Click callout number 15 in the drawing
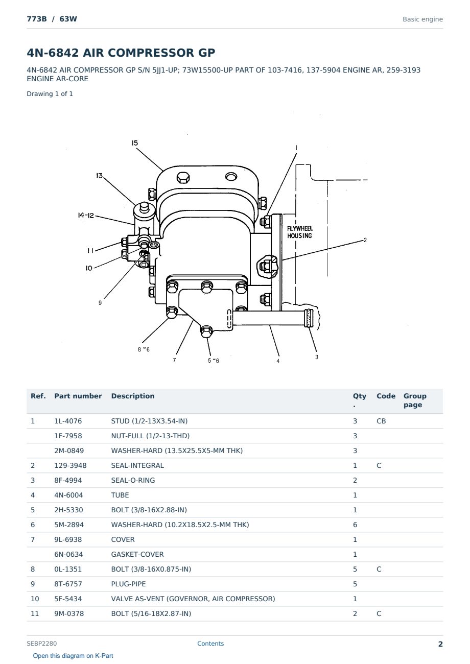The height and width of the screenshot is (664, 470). [x=135, y=143]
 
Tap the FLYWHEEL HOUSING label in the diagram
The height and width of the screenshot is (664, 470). [x=299, y=232]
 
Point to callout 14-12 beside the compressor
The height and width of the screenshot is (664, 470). [x=86, y=215]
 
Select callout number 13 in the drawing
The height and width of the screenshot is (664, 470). [x=99, y=176]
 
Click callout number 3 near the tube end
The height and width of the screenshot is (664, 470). [x=317, y=357]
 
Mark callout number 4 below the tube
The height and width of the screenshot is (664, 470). [x=278, y=361]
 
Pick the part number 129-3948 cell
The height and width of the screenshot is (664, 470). [x=70, y=465]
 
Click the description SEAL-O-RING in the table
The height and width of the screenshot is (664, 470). [x=133, y=480]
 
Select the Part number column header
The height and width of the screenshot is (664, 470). [x=78, y=396]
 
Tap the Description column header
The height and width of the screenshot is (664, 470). [x=133, y=396]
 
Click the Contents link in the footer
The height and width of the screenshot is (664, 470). [x=210, y=644]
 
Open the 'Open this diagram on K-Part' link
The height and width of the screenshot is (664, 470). [x=73, y=656]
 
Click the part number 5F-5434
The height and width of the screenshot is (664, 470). [x=68, y=599]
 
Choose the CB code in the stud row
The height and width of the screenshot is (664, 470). [x=381, y=421]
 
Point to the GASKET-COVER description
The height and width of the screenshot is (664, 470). [x=137, y=554]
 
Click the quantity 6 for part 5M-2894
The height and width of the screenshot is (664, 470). [x=355, y=525]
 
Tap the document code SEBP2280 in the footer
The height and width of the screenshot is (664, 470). [x=41, y=644]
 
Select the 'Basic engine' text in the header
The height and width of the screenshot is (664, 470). [x=422, y=19]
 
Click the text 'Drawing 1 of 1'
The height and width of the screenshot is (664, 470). [x=50, y=94]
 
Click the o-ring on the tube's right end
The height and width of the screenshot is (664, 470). [x=309, y=318]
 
